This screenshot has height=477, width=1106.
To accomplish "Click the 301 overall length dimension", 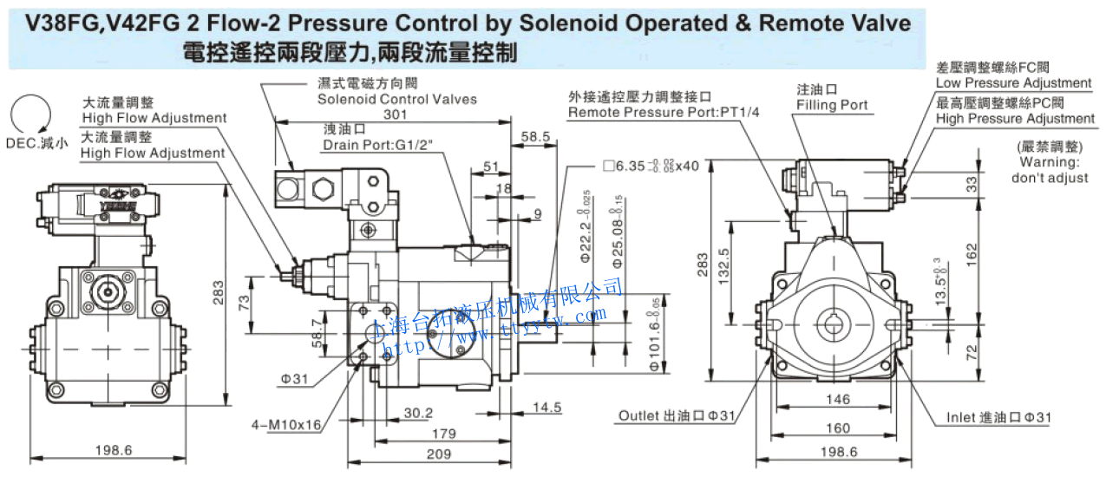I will pyautogui.click(x=395, y=114).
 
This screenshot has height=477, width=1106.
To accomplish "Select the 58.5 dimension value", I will pyautogui.click(x=536, y=136).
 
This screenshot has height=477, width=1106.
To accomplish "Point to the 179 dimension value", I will pyautogui.click(x=444, y=433).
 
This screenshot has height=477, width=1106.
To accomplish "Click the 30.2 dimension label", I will pyautogui.click(x=418, y=413).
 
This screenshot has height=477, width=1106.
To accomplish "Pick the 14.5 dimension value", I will pyautogui.click(x=546, y=407).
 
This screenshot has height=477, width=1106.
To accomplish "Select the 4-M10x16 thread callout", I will pyautogui.click(x=286, y=425).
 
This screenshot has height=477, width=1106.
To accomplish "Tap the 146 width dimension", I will pyautogui.click(x=836, y=400).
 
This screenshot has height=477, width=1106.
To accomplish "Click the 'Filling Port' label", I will pyautogui.click(x=832, y=105).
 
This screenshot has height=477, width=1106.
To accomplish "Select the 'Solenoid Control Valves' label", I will pyautogui.click(x=396, y=99).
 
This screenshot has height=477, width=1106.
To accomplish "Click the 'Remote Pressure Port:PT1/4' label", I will pyautogui.click(x=663, y=113).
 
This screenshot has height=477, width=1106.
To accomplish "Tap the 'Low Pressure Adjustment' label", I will pyautogui.click(x=1013, y=83).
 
